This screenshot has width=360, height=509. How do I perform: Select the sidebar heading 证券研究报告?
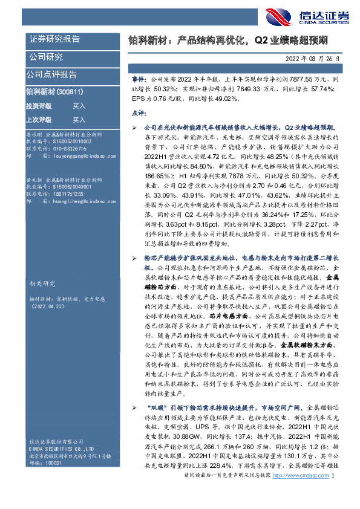click(x=54, y=39)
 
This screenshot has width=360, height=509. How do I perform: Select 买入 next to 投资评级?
click(x=79, y=106)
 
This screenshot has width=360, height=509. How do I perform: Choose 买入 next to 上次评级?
click(x=79, y=120)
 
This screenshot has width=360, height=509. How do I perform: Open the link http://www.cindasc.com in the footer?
click(x=300, y=494)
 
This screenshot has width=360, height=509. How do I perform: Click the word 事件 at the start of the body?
click(x=138, y=79)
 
